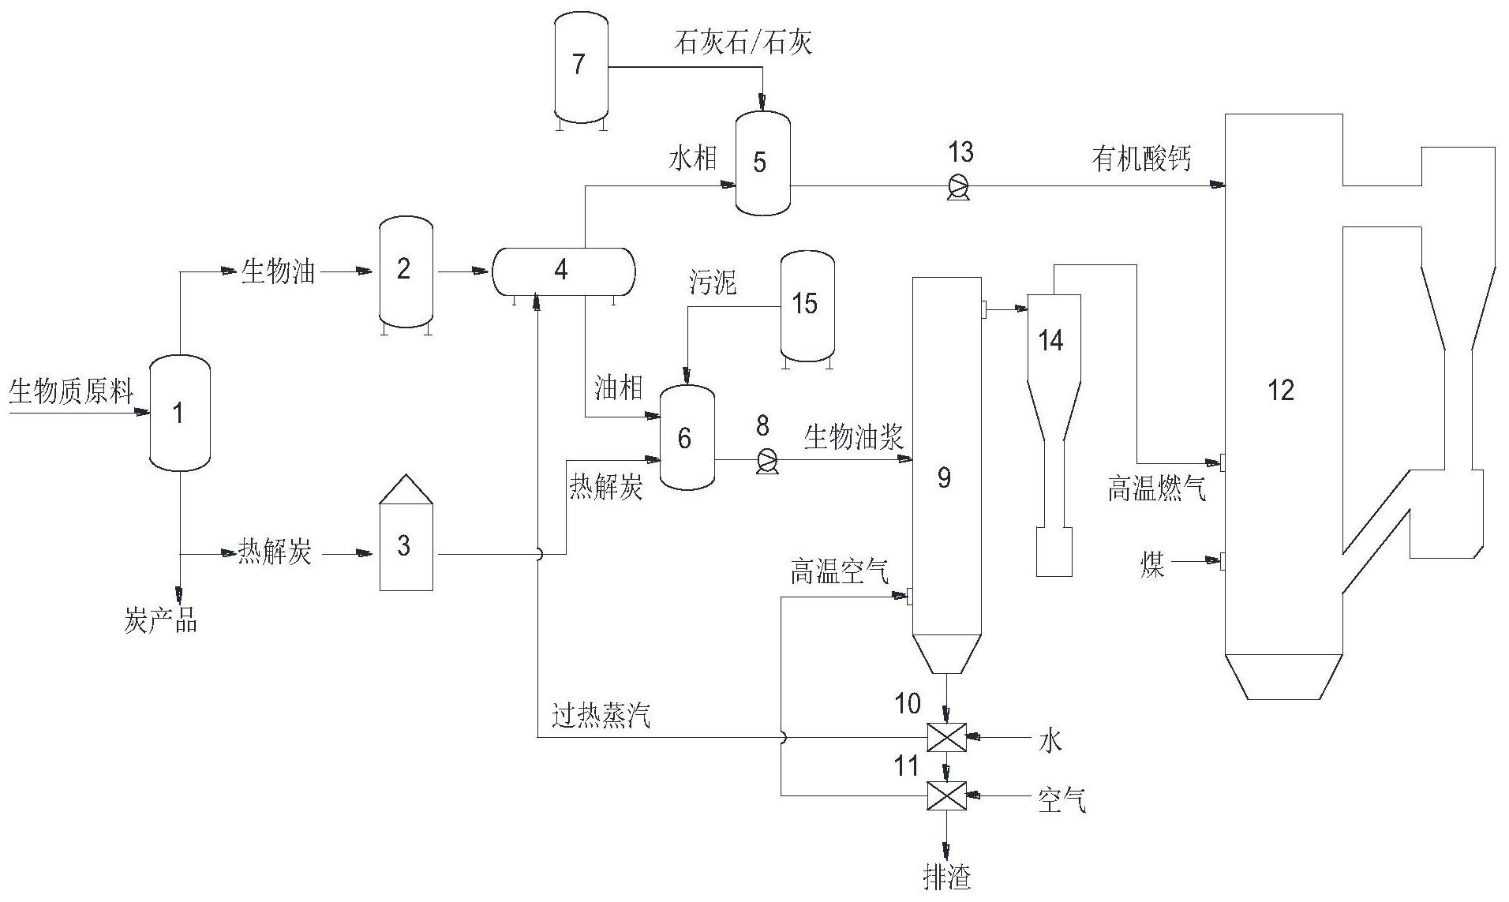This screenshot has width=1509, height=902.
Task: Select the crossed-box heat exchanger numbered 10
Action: pyautogui.click(x=946, y=738)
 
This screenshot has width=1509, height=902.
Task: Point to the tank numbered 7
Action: pyautogui.click(x=579, y=65)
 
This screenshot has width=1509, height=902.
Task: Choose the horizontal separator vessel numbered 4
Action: pyautogui.click(x=564, y=271)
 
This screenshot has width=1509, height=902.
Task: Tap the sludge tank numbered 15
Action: pyautogui.click(x=807, y=306)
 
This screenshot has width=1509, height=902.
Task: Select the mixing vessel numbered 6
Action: pyautogui.click(x=686, y=437)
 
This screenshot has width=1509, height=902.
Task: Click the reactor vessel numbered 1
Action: pyautogui.click(x=180, y=413)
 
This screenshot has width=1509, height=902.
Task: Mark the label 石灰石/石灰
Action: pyautogui.click(x=743, y=43)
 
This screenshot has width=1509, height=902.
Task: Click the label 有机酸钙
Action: pyautogui.click(x=1141, y=160)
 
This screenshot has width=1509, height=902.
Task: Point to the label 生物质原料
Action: pyautogui.click(x=71, y=391)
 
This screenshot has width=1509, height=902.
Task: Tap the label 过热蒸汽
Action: pyautogui.click(x=601, y=717)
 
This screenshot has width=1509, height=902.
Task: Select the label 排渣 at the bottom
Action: pyautogui.click(x=947, y=878)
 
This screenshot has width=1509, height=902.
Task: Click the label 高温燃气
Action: pyautogui.click(x=1157, y=491)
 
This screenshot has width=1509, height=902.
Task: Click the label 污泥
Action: pyautogui.click(x=712, y=283)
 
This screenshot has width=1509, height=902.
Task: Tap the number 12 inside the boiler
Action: pyautogui.click(x=1280, y=390)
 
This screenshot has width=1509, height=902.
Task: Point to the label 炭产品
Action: pyautogui.click(x=160, y=622)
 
